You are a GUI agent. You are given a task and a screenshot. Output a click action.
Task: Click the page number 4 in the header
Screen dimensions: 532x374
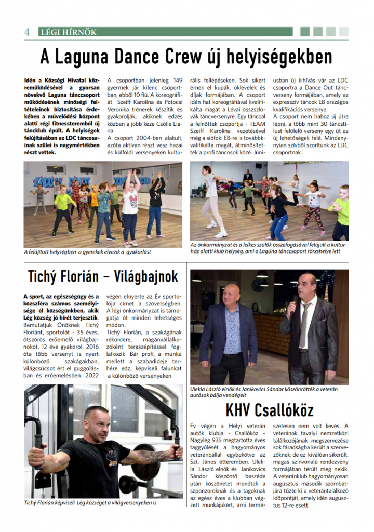click(26, 32)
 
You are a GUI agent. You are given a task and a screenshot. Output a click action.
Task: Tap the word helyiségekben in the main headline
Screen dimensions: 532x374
click(274, 56)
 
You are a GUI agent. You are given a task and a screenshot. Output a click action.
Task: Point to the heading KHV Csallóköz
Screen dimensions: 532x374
click(270, 410)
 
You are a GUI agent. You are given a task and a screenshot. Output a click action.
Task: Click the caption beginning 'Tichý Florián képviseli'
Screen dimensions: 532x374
click(90, 503)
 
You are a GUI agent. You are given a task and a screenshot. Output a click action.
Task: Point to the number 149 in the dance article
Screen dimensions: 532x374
click(177, 81)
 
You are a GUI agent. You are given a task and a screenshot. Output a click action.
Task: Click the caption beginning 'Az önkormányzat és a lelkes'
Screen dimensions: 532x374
click(268, 248)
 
